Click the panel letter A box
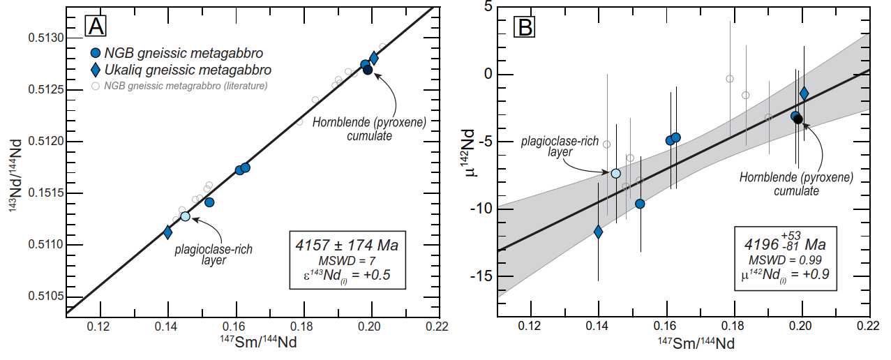[96, 26]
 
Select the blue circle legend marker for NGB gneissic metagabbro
[96, 53]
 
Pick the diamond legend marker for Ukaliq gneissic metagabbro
[96, 70]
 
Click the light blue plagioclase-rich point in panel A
[185, 216]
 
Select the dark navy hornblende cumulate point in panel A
[368, 70]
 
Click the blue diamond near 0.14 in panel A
[167, 232]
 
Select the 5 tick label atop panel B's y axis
[486, 7]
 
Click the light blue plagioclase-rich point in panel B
[615, 174]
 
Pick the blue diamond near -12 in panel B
[598, 232]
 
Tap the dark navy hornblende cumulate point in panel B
[798, 119]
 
